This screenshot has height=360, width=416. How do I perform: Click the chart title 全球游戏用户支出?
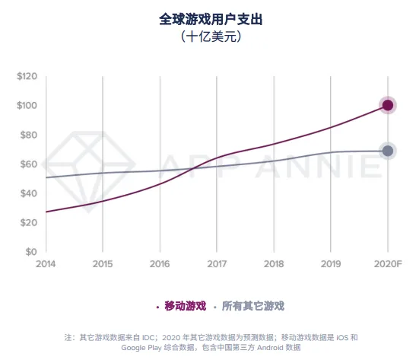coord(208,17)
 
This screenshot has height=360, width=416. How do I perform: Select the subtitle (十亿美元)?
coord(208,35)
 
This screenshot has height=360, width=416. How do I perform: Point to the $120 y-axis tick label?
coord(27,76)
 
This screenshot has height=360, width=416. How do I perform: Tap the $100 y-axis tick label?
coord(27,106)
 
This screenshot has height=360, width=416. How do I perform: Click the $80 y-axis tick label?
coord(28,135)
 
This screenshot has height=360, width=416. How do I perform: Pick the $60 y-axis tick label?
coord(28,164)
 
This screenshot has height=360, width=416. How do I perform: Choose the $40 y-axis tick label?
coord(28,193)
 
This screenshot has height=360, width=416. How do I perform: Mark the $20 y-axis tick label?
coord(28,223)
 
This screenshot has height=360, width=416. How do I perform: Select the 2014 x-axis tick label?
coord(46,264)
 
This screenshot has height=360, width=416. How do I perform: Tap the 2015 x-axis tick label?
coord(103,264)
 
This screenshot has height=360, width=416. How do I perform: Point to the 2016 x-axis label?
coord(160,264)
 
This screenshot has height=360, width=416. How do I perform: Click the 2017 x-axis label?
coord(217,264)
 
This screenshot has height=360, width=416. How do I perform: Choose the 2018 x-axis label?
coord(274,264)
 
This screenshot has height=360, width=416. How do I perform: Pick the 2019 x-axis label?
coord(331,264)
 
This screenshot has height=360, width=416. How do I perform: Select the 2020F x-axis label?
coord(388,264)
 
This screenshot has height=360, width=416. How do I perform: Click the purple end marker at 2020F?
coord(388,106)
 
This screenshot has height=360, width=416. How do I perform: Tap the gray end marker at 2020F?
coord(388,151)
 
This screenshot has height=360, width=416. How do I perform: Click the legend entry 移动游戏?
coord(182,306)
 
